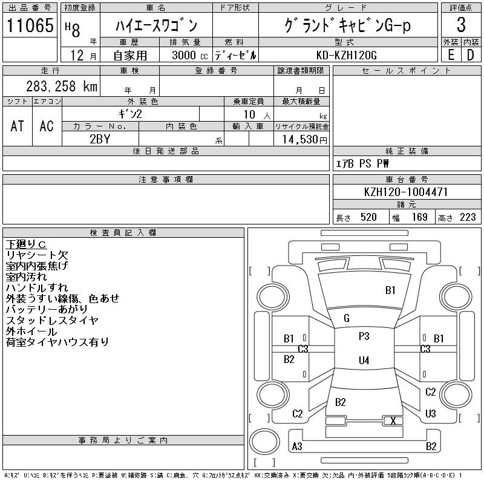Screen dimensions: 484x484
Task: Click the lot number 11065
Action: pos(30,25)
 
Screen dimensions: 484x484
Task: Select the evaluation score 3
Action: pos(461,25)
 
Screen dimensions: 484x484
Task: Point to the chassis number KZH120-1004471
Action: pos(407,192)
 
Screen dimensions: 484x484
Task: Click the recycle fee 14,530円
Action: pos(301,139)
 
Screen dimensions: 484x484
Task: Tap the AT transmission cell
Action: pos(18,126)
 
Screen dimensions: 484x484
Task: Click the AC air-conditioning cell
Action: pos(47,126)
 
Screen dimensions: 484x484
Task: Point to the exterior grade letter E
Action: pos(451,55)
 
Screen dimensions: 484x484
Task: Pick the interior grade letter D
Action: pos(470,55)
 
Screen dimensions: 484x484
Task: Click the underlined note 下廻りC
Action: pos(26,244)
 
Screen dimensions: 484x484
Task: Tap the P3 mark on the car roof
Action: pos(364,336)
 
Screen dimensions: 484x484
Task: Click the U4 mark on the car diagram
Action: pos(364,361)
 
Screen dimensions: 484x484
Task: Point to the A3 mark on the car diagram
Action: pos(297,446)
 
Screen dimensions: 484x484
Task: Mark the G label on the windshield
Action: pos(347,318)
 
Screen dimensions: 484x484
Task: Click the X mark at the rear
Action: pos(393,420)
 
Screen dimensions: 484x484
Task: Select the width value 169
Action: pos(420,217)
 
